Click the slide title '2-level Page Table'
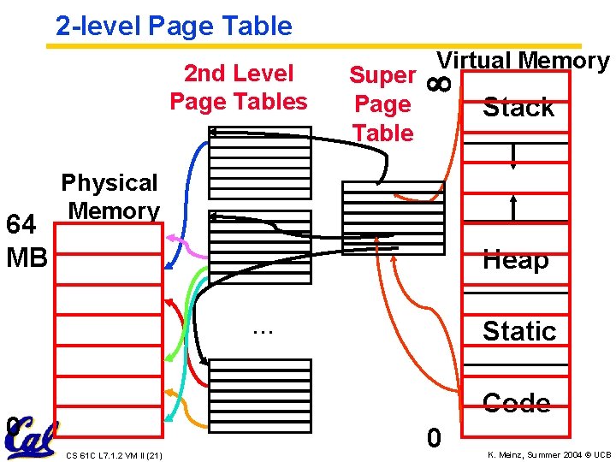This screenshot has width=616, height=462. [x=174, y=26]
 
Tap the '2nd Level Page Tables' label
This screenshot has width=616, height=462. [x=238, y=87]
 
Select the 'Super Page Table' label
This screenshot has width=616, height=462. [x=382, y=104]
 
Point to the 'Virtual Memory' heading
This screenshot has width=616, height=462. [x=523, y=61]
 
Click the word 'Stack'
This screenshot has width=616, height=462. [x=518, y=108]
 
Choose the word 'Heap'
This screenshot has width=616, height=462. [x=515, y=259]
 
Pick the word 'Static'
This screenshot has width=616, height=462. [x=518, y=331]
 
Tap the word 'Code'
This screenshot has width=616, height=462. [x=516, y=403]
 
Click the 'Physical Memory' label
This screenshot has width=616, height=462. [x=110, y=196]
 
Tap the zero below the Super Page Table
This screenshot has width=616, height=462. [x=435, y=438]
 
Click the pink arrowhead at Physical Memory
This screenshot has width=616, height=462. [x=171, y=239]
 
